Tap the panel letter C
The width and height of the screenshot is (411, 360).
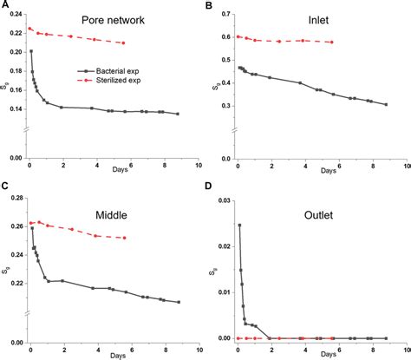coord(5,187)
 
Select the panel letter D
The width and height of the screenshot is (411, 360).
coord(209,187)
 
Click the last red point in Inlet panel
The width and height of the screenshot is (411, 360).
coord(332,43)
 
